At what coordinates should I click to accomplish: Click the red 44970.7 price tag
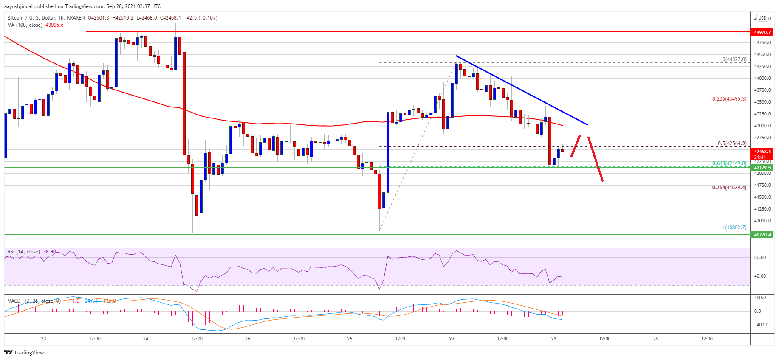[762, 32]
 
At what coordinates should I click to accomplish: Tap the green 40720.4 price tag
[762, 235]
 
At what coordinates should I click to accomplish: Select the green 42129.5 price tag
[762, 168]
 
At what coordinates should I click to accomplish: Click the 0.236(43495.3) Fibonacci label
[729, 99]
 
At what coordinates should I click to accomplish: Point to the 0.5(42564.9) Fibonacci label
[732, 143]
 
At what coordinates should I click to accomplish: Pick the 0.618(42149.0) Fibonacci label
[729, 163]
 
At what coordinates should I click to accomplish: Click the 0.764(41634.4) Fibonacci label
[729, 188]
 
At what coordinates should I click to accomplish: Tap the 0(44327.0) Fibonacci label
[734, 59]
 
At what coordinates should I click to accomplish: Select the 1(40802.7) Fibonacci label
[734, 228]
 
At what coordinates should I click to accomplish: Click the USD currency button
[762, 18]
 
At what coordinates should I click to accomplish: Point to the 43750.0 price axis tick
[762, 90]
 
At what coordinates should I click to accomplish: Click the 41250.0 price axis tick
[762, 209]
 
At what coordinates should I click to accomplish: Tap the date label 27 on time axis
[452, 339]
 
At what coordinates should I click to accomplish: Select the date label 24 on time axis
[146, 339]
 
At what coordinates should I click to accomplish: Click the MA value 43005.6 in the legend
[54, 25]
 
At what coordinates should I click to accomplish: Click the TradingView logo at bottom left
[24, 352]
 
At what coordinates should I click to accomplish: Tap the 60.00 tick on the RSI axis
[760, 257]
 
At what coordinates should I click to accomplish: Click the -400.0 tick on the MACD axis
[760, 325]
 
